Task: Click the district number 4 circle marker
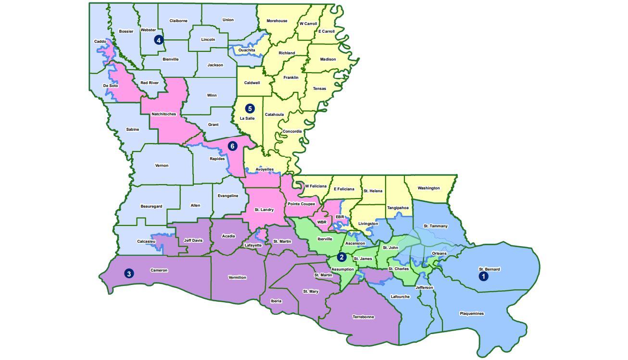(x=159, y=40)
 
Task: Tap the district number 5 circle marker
(x=250, y=109)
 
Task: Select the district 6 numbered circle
(x=232, y=146)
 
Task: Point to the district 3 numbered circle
(x=129, y=273)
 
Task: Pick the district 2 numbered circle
(x=341, y=257)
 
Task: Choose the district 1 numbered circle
(x=484, y=276)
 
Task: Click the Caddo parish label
(x=100, y=42)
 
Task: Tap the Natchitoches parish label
(x=163, y=114)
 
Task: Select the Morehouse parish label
(x=277, y=21)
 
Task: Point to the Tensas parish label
(x=319, y=89)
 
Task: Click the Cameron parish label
(x=159, y=271)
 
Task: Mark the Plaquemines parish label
(x=472, y=314)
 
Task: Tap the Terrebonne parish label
(x=363, y=317)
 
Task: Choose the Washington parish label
(x=428, y=188)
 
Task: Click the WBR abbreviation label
(x=322, y=223)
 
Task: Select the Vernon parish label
(x=162, y=166)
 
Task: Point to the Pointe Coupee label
(x=301, y=204)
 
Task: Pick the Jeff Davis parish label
(x=193, y=241)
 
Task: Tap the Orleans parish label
(x=439, y=253)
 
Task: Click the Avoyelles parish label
(x=264, y=170)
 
